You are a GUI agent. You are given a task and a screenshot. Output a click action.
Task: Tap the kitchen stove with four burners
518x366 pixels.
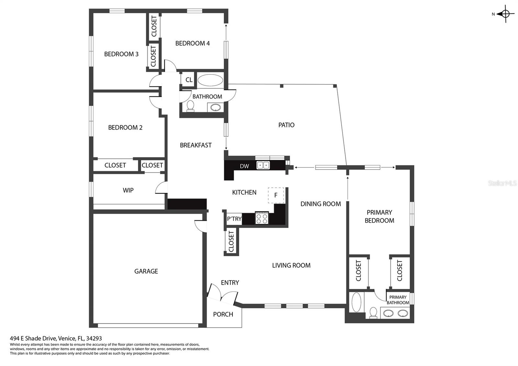pyautogui.click(x=262, y=219)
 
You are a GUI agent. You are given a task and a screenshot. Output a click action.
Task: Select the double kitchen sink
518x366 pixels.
pyautogui.click(x=263, y=165)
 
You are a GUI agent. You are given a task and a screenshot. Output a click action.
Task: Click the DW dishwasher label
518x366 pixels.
pyautogui.click(x=244, y=166)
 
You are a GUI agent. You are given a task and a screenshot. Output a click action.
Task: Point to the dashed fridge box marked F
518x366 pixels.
pyautogui.click(x=276, y=195)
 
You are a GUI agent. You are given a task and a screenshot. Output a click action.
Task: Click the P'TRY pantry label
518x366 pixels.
pyautogui.click(x=234, y=219)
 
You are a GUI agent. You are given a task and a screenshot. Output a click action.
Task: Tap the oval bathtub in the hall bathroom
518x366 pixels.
pyautogui.click(x=210, y=80)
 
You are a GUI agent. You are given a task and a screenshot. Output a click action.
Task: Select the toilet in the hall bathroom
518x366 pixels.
pyautogui.click(x=190, y=106)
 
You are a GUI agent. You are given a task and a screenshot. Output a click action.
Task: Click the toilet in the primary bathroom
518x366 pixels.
pyautogui.click(x=373, y=313)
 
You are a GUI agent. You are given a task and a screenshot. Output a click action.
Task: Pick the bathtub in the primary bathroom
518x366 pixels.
pyautogui.click(x=356, y=303)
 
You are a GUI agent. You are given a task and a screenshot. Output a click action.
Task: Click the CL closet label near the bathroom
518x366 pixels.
pyautogui.click(x=189, y=80)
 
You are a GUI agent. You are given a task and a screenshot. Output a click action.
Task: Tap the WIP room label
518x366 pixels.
pyautogui.click(x=128, y=190)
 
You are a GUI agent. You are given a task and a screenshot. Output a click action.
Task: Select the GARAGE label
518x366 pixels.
pyautogui.click(x=146, y=271)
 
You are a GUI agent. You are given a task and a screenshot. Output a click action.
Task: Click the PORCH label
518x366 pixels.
pyautogui.click(x=223, y=314)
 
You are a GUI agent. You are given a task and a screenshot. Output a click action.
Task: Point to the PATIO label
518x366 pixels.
pyautogui.click(x=286, y=125)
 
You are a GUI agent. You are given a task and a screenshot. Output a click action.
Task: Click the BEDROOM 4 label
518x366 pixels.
pyautogui.click(x=192, y=43)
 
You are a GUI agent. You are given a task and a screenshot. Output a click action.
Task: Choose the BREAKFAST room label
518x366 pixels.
pyautogui.click(x=196, y=145)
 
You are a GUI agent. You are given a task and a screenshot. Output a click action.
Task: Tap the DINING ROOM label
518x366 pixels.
pyautogui.click(x=321, y=204)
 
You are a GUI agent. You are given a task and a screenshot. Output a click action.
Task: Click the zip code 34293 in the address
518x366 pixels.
pyautogui.click(x=94, y=338)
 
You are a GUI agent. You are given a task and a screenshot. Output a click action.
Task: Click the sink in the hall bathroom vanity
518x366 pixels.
pyautogui.click(x=216, y=107)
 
